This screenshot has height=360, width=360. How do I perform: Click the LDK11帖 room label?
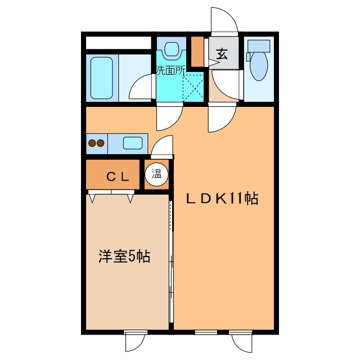click(x=223, y=199)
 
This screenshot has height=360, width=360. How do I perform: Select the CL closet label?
click(x=118, y=177)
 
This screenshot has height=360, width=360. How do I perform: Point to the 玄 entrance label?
click(x=222, y=55)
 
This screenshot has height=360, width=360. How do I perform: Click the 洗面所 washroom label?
click(x=170, y=70)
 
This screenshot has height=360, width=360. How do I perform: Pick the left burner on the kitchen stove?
click(x=91, y=143)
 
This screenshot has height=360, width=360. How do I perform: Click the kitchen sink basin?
click(x=133, y=143)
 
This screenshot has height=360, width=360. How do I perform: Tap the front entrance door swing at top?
click(x=225, y=21)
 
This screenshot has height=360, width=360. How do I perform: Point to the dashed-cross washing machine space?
click(x=195, y=87)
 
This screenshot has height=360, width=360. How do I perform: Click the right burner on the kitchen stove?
click(x=101, y=143)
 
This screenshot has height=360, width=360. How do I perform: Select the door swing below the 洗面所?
click(x=169, y=116)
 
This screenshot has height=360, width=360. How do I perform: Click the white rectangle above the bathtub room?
click(x=118, y=43)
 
